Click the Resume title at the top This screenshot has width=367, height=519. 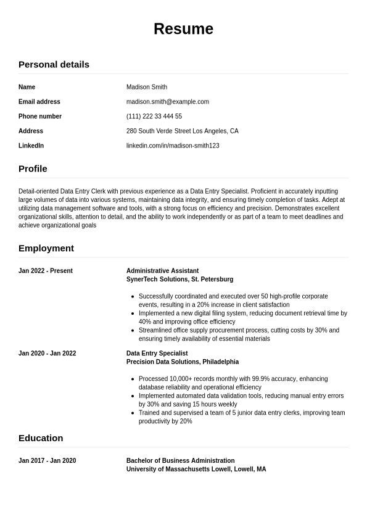(x=183, y=29)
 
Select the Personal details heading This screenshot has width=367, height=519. (x=54, y=64)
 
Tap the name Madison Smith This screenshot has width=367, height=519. (x=147, y=87)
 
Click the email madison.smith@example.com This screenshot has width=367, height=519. (x=168, y=102)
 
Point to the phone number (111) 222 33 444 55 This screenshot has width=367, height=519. (x=154, y=117)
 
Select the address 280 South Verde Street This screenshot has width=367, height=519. (x=182, y=131)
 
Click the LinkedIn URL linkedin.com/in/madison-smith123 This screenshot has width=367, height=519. (x=173, y=146)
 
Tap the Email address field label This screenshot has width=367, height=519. (x=39, y=102)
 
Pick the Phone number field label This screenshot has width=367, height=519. (x=40, y=117)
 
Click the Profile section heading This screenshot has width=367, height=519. (x=33, y=168)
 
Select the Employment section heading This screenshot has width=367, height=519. (x=46, y=248)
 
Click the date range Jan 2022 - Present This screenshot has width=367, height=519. (x=46, y=271)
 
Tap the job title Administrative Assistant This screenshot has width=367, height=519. (x=162, y=271)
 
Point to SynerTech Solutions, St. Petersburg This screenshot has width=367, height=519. (x=179, y=280)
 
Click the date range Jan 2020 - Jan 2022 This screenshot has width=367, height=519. (x=47, y=354)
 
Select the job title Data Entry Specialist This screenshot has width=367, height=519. (x=157, y=354)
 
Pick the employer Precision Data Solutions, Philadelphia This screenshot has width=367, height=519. (x=183, y=362)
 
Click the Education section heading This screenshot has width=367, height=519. (x=41, y=438)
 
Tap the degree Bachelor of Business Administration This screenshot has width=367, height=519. (x=180, y=461)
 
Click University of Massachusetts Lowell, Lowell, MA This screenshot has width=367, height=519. (x=196, y=470)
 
